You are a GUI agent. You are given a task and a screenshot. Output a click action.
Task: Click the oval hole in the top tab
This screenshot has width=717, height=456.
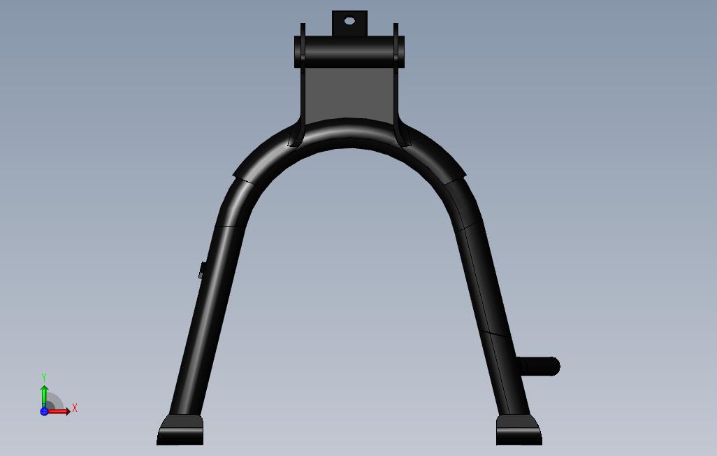pos(349,20)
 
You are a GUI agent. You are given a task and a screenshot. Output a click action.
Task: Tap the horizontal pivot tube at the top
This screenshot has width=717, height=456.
pos(349,52)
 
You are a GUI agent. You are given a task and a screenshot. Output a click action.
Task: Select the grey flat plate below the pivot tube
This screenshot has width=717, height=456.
pos(349,95)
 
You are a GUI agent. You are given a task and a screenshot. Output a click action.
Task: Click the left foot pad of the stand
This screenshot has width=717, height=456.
pos(180,429)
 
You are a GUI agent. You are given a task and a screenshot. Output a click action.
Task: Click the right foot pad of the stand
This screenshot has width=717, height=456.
pos(519,429)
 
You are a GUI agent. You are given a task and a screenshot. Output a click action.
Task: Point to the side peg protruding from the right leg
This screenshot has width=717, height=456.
pos(539,366)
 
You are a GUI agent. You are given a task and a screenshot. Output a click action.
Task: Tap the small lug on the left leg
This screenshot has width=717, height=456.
pos(202,271)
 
